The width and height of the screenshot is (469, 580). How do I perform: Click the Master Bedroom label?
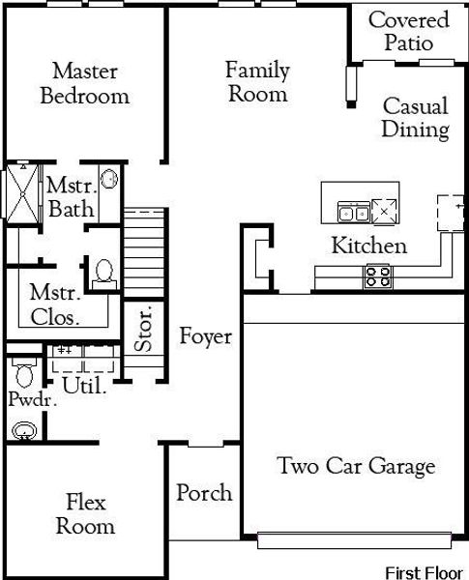84,83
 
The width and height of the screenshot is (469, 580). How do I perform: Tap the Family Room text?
256,81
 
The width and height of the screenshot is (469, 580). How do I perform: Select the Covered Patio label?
408,32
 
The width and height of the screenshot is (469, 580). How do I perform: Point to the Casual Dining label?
415,117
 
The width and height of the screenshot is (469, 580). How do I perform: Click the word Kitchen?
368,246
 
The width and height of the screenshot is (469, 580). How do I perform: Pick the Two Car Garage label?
356,467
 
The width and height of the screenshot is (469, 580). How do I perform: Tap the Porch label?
204,493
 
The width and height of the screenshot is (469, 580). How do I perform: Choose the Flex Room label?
85,514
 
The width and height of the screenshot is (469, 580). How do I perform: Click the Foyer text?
205,336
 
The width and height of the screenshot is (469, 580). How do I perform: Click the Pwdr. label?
26,399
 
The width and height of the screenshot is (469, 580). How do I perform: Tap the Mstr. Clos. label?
54,304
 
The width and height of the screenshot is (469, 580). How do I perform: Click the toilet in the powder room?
24,372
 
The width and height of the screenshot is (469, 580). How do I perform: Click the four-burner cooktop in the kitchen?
377,276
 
